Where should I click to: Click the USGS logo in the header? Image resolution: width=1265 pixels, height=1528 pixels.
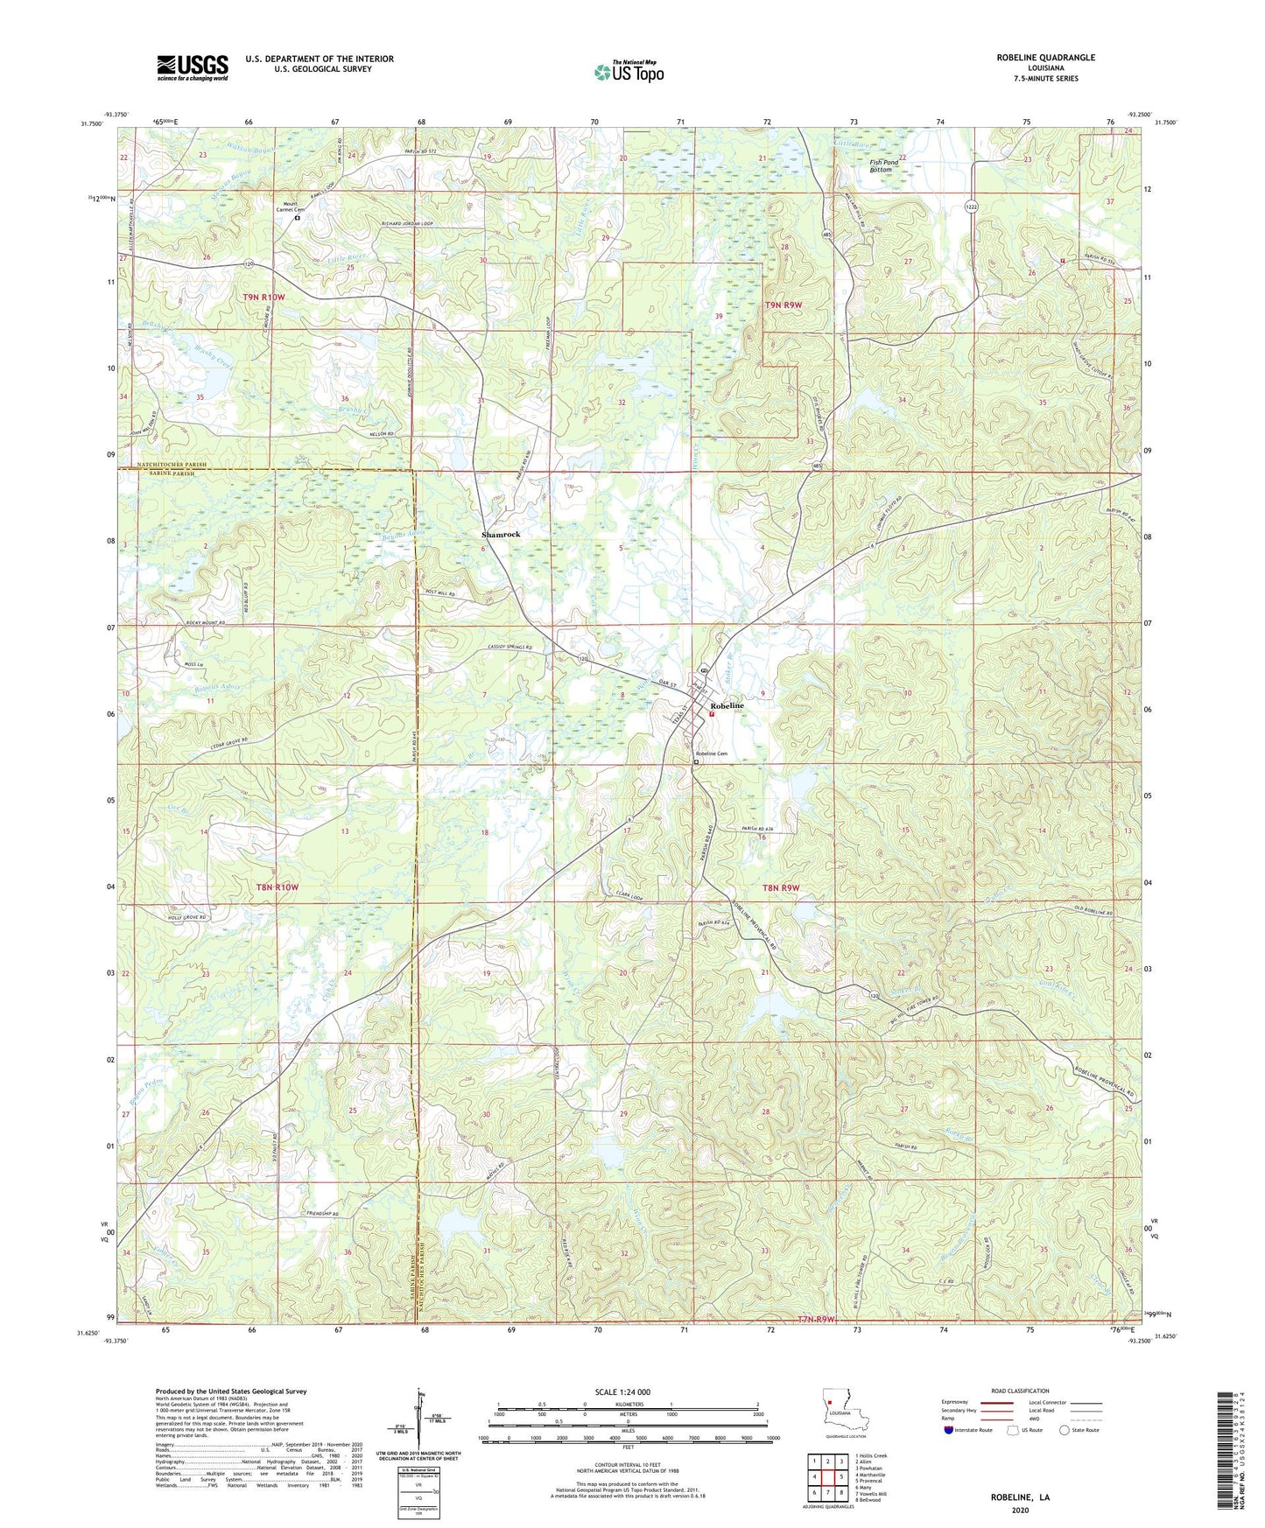tap(192, 67)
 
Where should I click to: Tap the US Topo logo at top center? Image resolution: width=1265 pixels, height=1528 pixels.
tap(629, 72)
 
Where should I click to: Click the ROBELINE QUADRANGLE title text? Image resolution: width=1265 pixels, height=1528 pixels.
tap(1045, 58)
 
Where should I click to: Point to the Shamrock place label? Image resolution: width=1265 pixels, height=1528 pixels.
tap(501, 534)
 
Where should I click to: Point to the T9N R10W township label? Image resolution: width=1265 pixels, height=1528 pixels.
tap(264, 298)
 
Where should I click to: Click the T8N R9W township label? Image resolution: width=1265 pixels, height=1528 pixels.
tap(782, 887)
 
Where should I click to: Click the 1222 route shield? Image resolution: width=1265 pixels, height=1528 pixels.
tap(972, 207)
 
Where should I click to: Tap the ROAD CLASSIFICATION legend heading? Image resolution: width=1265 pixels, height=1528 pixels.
tap(1020, 1391)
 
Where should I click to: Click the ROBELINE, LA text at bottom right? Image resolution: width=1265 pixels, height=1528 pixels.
tap(1020, 1497)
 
